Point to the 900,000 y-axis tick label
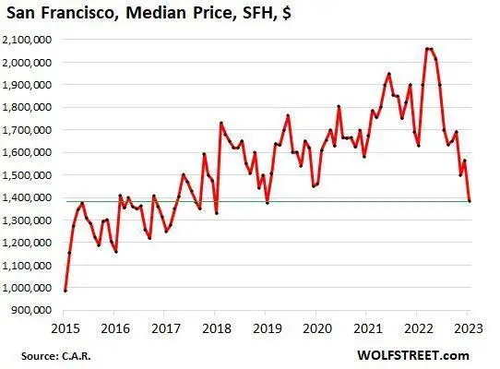[x=30, y=310]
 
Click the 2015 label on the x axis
[x=65, y=327]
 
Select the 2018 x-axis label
[x=216, y=327]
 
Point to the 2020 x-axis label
[x=317, y=327]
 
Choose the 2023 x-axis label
[x=470, y=327]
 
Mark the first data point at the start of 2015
[x=65, y=291]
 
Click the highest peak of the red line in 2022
[x=427, y=48]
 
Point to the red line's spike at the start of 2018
[x=220, y=123]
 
